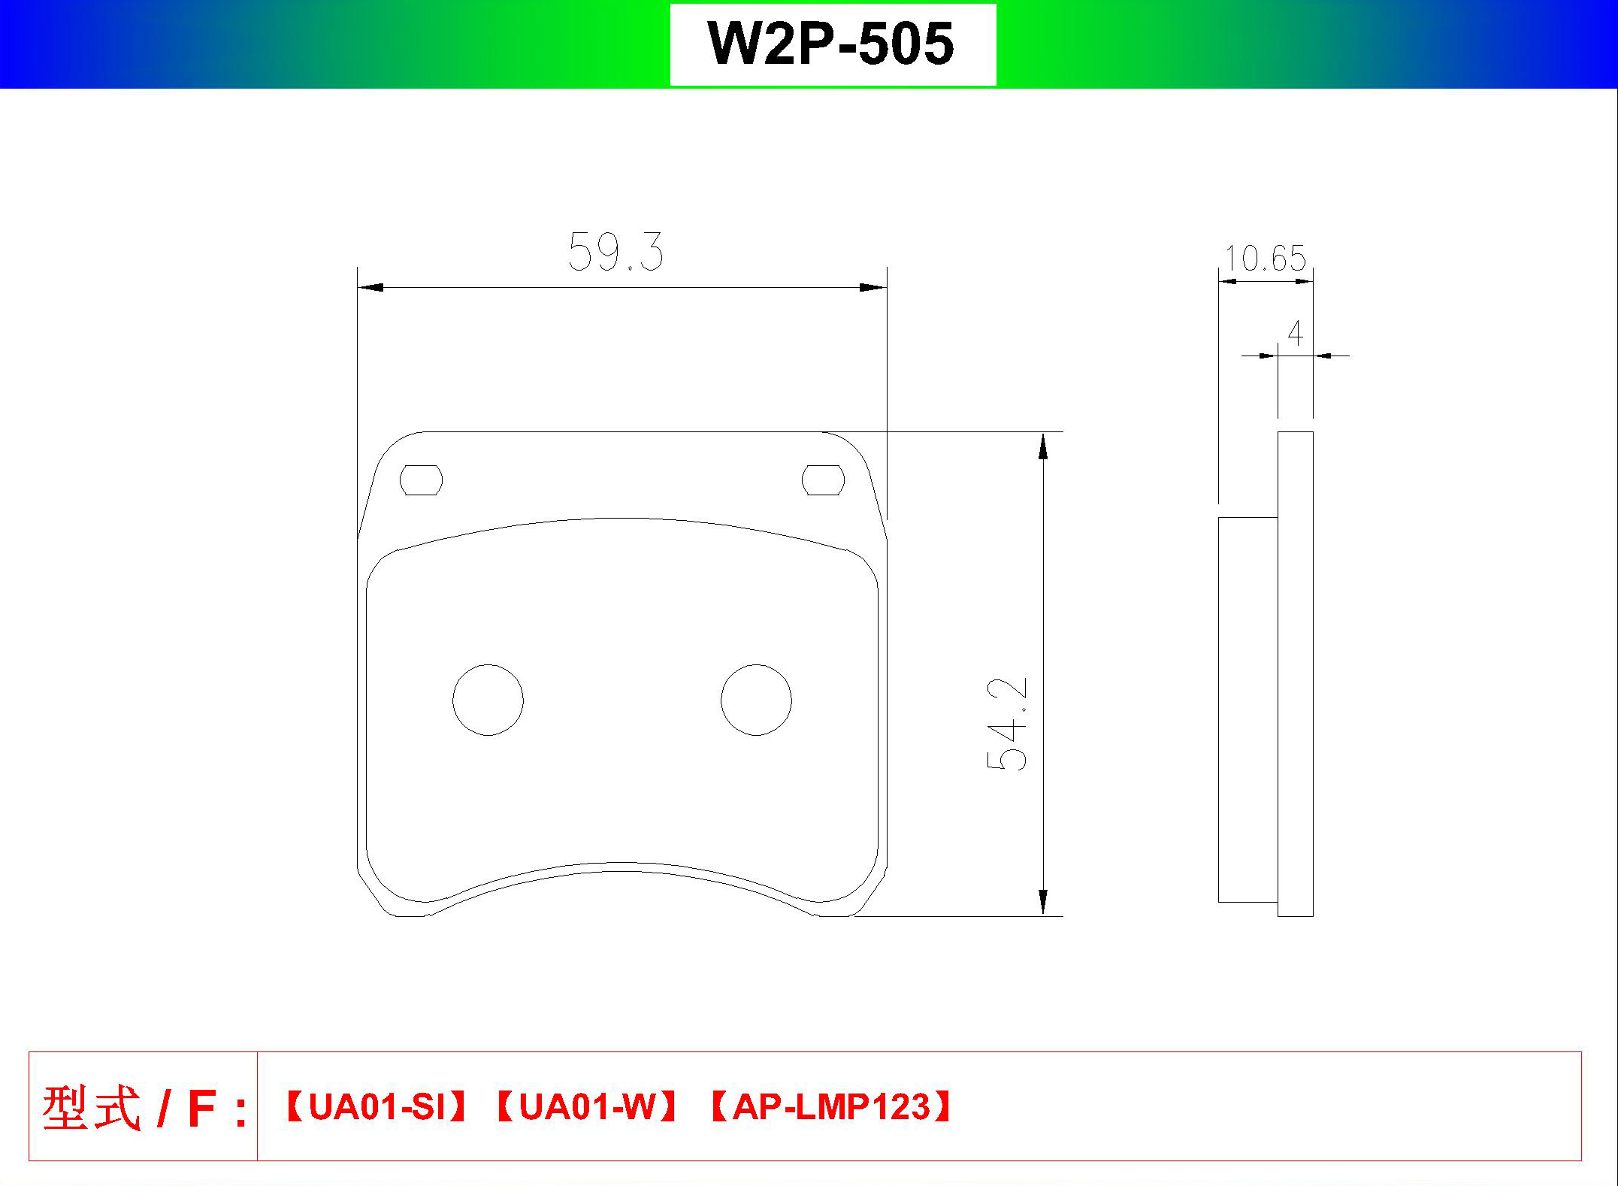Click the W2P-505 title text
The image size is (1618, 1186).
(x=831, y=44)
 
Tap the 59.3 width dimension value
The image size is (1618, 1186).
(x=615, y=252)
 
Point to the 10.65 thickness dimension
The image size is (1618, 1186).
(x=1266, y=259)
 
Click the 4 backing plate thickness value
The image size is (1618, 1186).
(x=1295, y=333)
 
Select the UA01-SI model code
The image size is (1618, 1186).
(x=377, y=1107)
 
